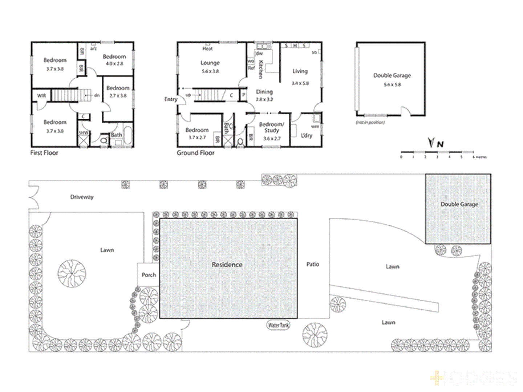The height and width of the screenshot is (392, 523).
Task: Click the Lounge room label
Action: pyautogui.click(x=210, y=63)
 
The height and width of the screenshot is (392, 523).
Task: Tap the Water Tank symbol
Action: pyautogui.click(x=279, y=325)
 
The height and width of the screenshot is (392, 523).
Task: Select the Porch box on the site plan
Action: pyautogui.click(x=148, y=274)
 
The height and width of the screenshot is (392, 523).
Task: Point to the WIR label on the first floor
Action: pyautogui.click(x=42, y=96)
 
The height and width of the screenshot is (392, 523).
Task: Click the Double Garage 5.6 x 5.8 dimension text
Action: pyautogui.click(x=392, y=85)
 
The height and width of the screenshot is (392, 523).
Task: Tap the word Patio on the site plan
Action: pyautogui.click(x=312, y=264)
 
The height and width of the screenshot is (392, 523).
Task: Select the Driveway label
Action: pyautogui.click(x=82, y=197)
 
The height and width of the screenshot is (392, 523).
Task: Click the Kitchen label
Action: pyautogui.click(x=260, y=69)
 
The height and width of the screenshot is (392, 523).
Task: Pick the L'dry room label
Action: pyautogui.click(x=306, y=135)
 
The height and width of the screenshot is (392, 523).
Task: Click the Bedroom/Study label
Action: pyautogui.click(x=272, y=127)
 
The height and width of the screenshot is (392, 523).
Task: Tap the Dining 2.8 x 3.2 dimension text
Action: pyautogui.click(x=264, y=99)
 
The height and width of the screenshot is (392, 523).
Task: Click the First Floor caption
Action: pyautogui.click(x=44, y=153)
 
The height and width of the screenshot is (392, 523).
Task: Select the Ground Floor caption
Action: pyautogui.click(x=195, y=153)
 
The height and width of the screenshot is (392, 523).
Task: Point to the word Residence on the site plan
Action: pyautogui.click(x=227, y=265)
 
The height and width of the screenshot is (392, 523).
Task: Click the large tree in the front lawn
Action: pyautogui.click(x=72, y=273)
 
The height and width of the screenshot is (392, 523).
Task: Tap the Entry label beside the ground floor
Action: pyautogui.click(x=171, y=99)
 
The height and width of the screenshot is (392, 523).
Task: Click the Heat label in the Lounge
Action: pyautogui.click(x=207, y=49)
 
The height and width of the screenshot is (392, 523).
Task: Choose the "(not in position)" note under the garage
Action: pyautogui.click(x=370, y=122)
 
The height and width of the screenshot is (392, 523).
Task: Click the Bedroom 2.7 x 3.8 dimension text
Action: pyautogui.click(x=118, y=96)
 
